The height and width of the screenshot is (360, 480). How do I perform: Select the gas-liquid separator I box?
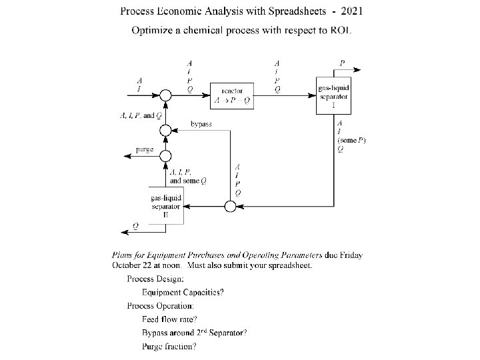point(331,96)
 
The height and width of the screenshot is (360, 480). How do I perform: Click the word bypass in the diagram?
point(201,124)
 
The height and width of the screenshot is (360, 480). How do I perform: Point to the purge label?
point(144,149)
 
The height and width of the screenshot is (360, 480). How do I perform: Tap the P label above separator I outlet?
point(342,63)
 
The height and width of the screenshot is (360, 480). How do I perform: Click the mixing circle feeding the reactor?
point(165,96)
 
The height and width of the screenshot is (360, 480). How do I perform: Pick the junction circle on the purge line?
point(165,154)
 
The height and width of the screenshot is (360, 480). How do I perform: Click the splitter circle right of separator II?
point(230,206)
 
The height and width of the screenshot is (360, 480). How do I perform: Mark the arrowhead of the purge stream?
point(123,155)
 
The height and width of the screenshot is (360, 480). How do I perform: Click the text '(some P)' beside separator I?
point(351,140)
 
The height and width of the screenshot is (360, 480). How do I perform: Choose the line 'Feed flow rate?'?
point(169,319)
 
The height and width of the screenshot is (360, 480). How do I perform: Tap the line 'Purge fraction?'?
point(169,346)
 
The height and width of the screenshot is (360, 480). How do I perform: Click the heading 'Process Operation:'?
point(161,306)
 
